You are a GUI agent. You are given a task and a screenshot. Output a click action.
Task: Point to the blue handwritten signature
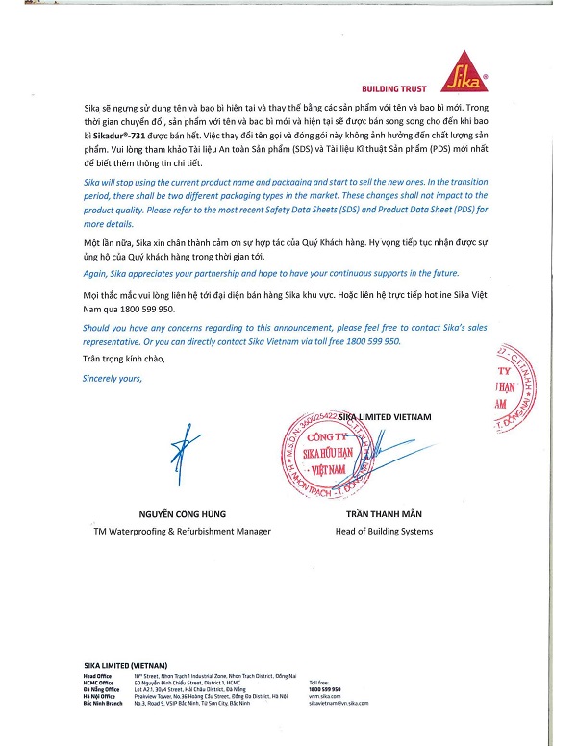click(182, 451)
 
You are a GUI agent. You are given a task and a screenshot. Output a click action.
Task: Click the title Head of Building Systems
click(375, 531)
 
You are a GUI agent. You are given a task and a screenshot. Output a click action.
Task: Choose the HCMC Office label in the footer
click(98, 683)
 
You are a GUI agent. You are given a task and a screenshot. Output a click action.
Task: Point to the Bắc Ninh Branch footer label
click(103, 704)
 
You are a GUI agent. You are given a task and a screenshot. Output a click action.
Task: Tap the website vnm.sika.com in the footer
click(324, 697)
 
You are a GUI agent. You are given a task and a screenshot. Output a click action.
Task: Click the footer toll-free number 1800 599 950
click(325, 690)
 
